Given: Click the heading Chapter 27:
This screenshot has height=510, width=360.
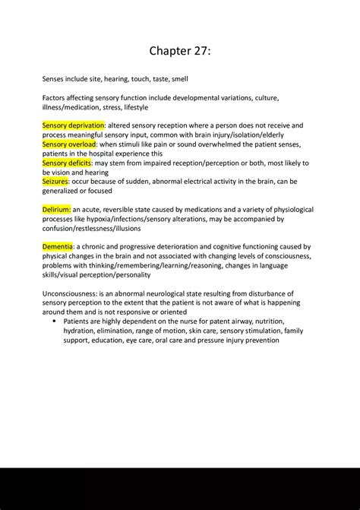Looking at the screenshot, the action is click(x=180, y=51).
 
